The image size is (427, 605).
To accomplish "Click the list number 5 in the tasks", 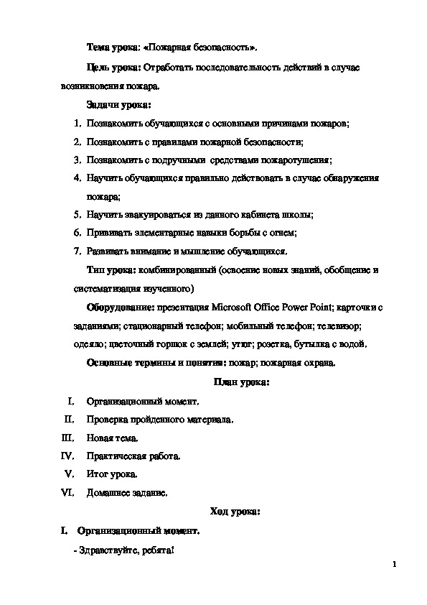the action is (77, 214).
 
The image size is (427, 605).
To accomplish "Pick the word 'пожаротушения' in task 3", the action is (301, 159).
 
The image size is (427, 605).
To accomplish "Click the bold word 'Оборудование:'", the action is (118, 308).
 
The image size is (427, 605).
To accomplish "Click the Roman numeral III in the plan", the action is (68, 437).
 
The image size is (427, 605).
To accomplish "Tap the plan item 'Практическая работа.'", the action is (133, 456).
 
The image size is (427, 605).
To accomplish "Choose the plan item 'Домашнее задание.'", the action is (127, 493).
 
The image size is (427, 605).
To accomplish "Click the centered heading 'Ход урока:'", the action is (235, 512).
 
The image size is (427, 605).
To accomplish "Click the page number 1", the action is (395, 565).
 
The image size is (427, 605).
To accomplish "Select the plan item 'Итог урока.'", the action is (111, 474).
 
